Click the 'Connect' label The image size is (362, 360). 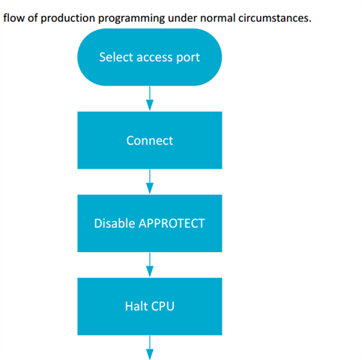coord(150,140)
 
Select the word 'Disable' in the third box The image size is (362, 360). coord(115,223)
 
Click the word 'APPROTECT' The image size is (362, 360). coord(172,223)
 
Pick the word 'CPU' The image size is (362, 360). coord(163,307)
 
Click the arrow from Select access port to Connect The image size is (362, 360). coord(150,98)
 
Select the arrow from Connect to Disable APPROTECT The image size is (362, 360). coord(150,181)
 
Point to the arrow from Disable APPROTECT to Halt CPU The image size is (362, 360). coord(150,265)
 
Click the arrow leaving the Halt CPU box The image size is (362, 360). coord(150,348)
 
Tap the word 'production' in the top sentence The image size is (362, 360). coord(67,19)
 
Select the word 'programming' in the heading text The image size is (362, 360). coord(131,19)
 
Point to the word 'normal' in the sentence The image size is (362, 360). coord(218,18)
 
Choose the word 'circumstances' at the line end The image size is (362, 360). coord(274,19)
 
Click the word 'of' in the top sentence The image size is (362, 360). coord(33,18)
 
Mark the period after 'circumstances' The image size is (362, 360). coord(310,22)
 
